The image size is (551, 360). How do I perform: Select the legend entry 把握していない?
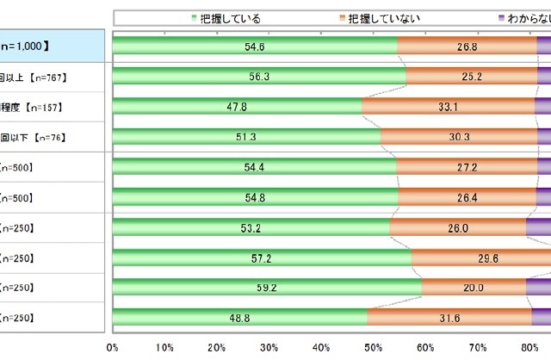(x=380, y=17)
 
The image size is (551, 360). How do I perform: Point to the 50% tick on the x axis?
(x=375, y=347)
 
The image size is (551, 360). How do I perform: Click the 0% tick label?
(x=112, y=347)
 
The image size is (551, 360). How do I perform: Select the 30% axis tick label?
(x=269, y=347)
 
